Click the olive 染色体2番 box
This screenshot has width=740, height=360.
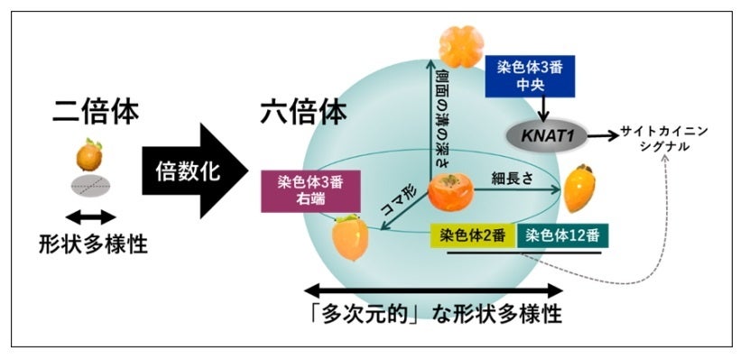tap(472, 236)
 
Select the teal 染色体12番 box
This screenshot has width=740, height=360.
tap(563, 236)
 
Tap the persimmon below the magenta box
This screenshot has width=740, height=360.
tap(348, 237)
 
